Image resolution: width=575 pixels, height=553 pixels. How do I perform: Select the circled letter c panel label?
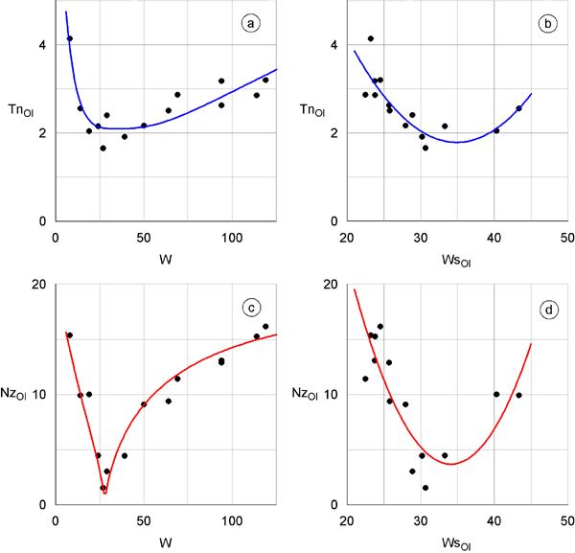(251, 308)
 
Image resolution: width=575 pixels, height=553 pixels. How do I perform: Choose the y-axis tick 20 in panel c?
(36, 284)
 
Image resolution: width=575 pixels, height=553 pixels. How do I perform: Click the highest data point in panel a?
(70, 39)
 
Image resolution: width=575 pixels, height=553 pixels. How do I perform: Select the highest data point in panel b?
(371, 39)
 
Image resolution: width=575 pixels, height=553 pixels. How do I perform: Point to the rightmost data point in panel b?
(518, 108)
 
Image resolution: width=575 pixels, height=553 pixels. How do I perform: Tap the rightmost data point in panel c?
(265, 327)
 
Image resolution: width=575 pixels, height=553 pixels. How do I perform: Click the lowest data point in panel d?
(425, 488)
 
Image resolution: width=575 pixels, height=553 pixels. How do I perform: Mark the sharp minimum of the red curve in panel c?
(105, 494)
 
